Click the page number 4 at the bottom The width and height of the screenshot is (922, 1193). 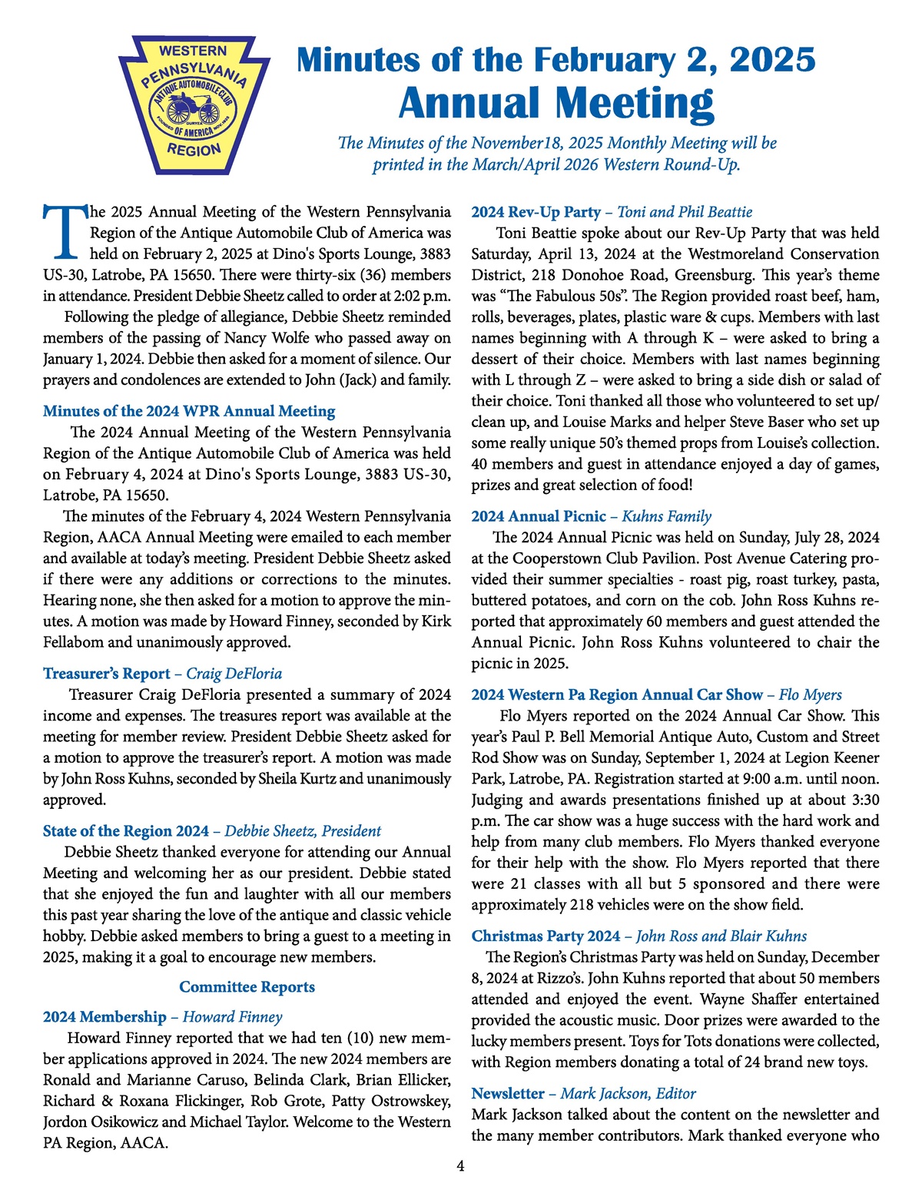point(460,1166)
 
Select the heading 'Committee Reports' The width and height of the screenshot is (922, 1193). point(247,987)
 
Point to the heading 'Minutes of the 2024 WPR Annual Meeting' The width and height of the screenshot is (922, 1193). point(189,412)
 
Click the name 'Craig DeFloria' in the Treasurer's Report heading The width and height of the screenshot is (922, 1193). point(234,674)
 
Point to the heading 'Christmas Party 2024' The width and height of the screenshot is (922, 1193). point(546,936)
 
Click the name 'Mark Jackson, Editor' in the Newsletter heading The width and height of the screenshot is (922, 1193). point(628,1093)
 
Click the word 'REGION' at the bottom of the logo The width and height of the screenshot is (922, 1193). point(194,150)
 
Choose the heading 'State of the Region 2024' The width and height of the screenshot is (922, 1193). point(126,831)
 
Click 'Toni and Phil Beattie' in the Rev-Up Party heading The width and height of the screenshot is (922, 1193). point(685,212)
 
